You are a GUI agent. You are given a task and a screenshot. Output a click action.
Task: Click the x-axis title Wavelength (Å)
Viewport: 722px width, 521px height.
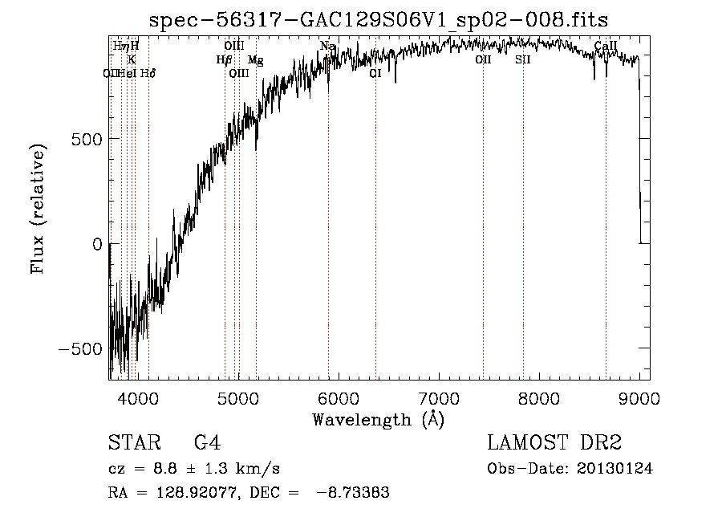point(378,419)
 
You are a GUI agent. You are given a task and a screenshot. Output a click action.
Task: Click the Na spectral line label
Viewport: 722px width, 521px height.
point(327,47)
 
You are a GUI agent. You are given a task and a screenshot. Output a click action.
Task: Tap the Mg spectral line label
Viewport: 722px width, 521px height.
point(255,60)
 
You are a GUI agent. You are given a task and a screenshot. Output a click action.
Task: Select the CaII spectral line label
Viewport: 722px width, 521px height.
point(606,47)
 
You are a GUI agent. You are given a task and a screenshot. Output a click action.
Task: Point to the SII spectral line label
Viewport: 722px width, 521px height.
point(523,60)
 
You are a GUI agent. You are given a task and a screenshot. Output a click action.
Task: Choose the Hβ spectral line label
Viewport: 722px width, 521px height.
point(225,60)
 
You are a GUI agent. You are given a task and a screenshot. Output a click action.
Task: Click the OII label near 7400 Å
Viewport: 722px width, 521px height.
point(483,60)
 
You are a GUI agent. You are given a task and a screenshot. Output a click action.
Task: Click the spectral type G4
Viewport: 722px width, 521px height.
point(207,443)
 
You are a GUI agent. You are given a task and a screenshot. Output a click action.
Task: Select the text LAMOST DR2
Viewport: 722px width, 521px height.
point(554,443)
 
